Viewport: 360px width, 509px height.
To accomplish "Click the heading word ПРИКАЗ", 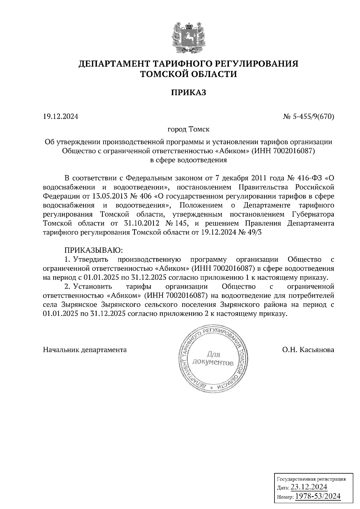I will click(x=188, y=93).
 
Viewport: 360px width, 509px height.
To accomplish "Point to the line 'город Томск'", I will click(x=188, y=129).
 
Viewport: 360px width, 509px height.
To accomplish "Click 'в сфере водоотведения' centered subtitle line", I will click(x=188, y=160).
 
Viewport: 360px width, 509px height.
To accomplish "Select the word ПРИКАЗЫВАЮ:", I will click(x=92, y=250).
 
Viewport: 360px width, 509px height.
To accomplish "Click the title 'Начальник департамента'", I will click(x=85, y=350).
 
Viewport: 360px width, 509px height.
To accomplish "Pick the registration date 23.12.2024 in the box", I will click(x=309, y=487).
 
